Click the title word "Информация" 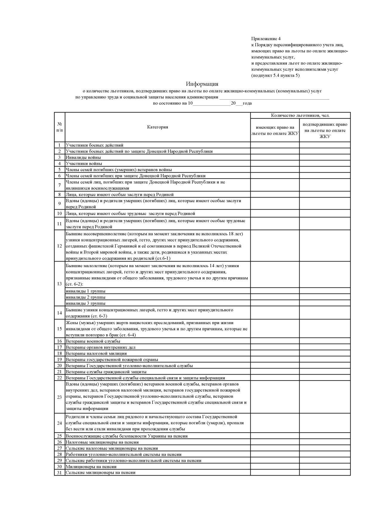202,84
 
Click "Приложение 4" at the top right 266,39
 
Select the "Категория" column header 158,127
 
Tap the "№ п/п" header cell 59,127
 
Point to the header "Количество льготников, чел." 300,115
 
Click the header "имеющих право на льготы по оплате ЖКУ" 275,130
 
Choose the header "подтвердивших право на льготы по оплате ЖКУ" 325,130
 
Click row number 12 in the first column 59,246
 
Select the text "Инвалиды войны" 83,157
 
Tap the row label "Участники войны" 84,164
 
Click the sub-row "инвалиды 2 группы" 86,297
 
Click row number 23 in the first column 59,397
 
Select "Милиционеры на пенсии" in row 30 91,467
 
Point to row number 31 59,473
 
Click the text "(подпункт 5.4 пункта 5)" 275,75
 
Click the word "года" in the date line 247,103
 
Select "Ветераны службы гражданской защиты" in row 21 106,372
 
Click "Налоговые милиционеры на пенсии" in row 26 102,442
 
